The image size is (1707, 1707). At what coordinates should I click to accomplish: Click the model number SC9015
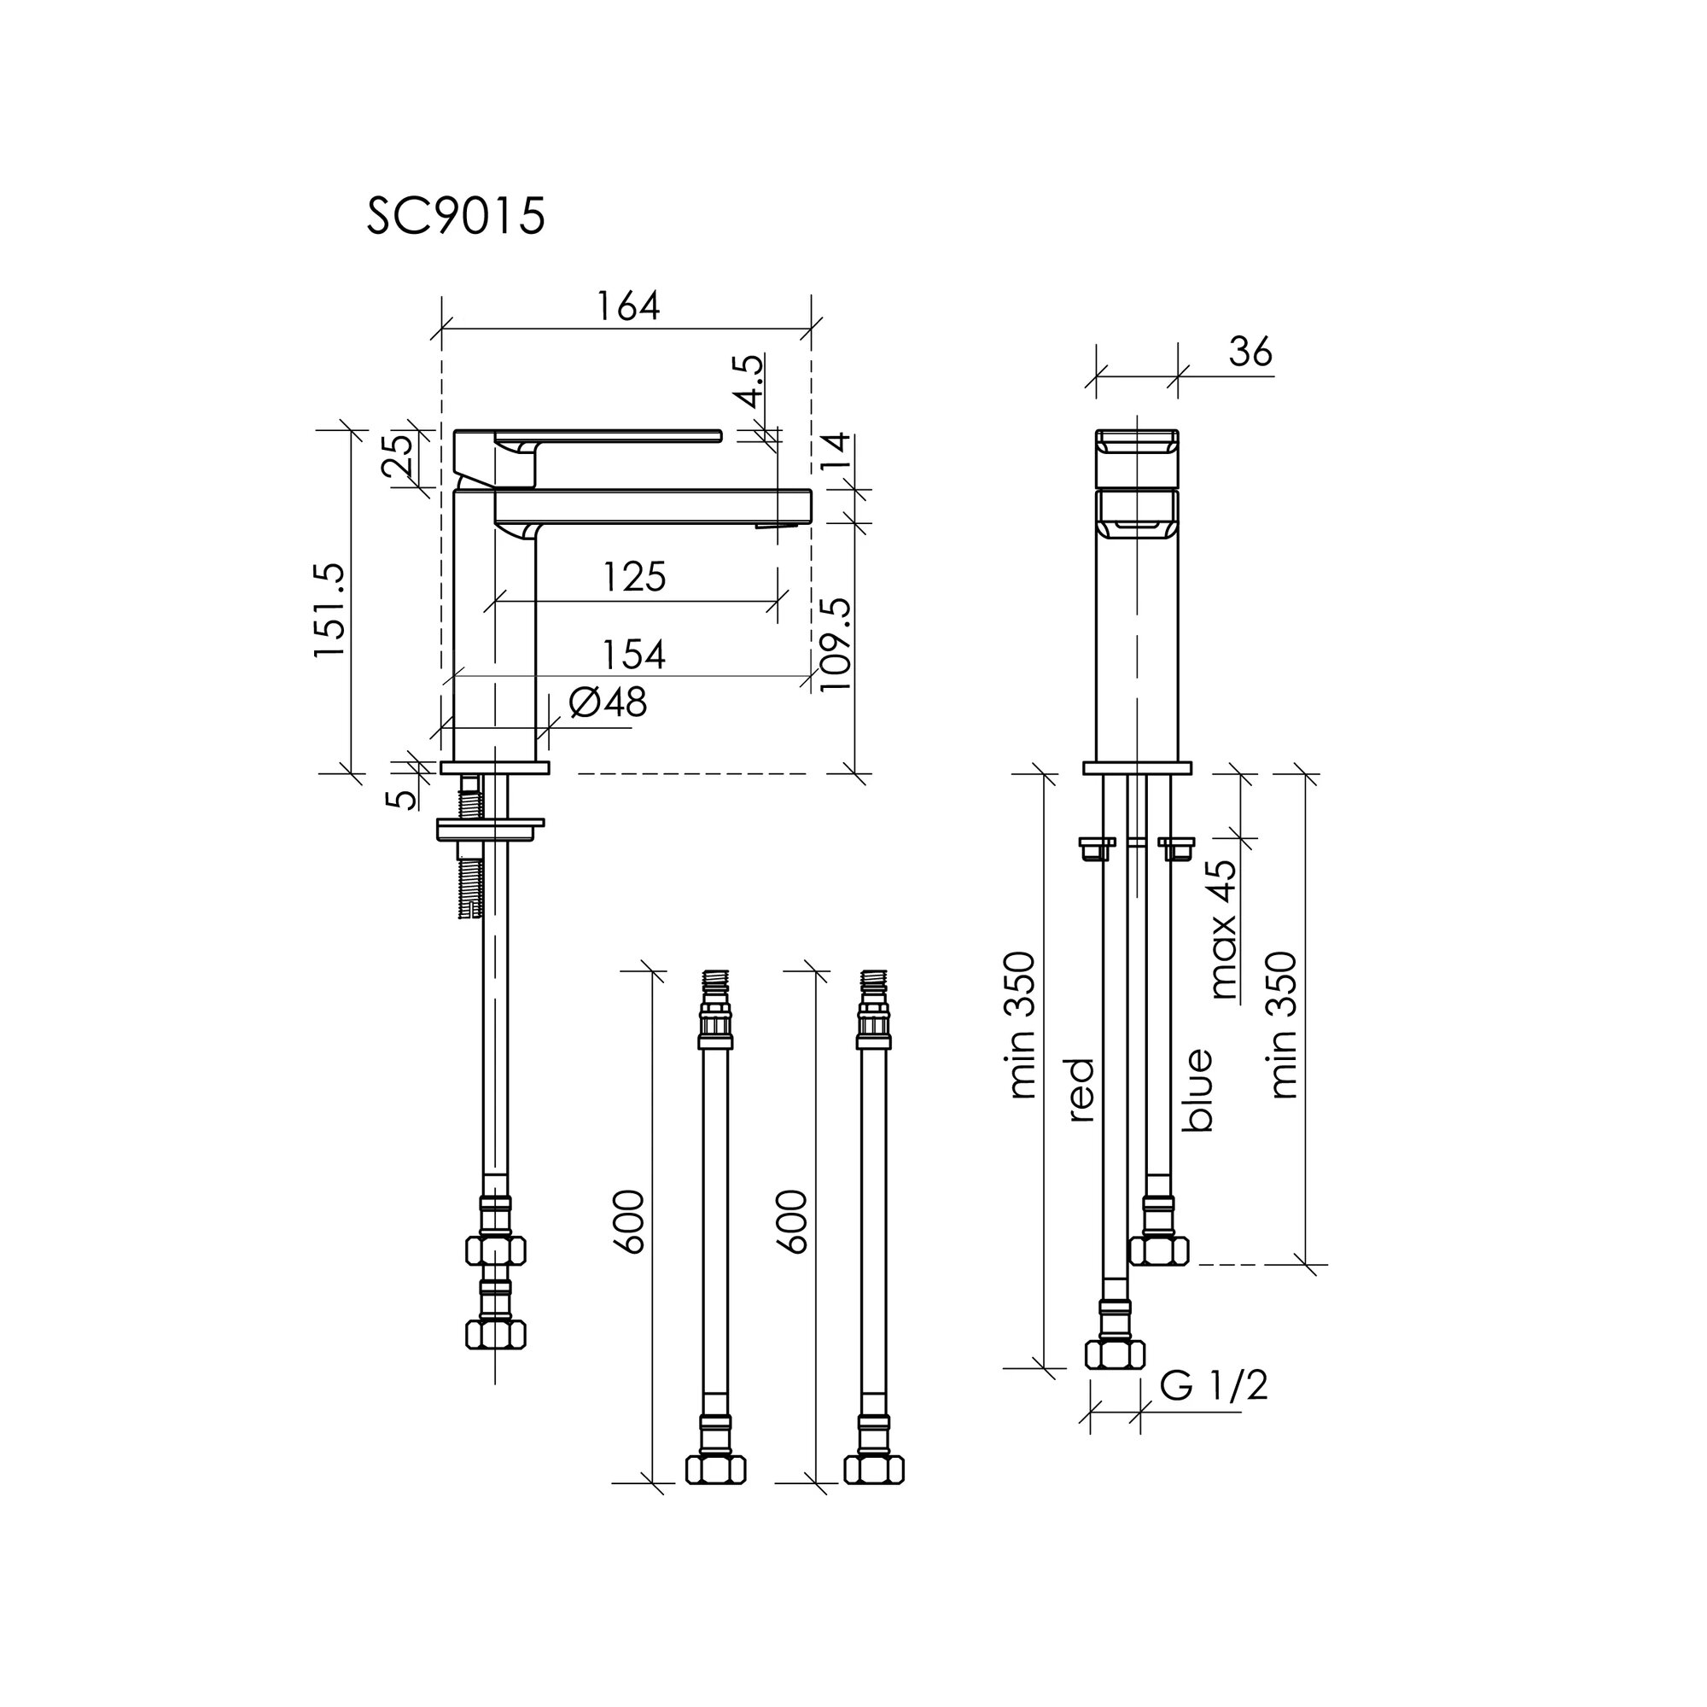[456, 217]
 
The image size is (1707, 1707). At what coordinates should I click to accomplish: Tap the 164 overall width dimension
[628, 306]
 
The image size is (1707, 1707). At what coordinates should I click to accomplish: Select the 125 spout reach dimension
[634, 577]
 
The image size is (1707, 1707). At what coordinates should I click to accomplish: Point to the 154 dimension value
[633, 655]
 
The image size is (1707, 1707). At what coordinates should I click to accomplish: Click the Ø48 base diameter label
[608, 702]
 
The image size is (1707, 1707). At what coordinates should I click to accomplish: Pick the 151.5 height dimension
[331, 609]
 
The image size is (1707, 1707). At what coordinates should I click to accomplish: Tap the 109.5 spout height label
[835, 644]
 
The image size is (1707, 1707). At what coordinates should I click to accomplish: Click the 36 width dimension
[1250, 352]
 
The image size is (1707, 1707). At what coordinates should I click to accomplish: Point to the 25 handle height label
[400, 454]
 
